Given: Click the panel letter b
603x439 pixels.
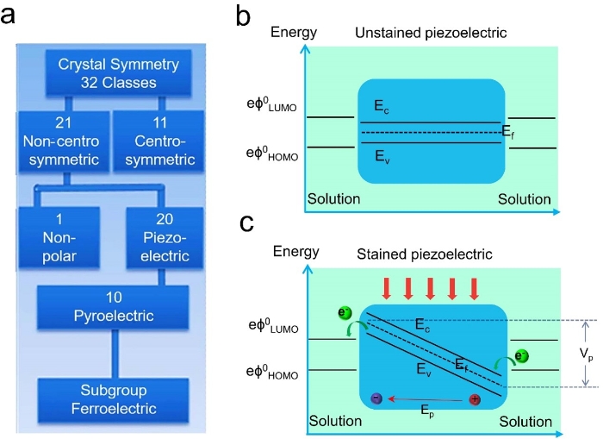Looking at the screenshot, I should (244, 16).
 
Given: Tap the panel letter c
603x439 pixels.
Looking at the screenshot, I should (246, 224).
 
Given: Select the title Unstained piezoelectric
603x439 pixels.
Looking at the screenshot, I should (430, 33).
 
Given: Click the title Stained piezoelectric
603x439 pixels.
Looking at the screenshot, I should (423, 254).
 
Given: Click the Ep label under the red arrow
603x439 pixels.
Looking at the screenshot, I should (426, 412).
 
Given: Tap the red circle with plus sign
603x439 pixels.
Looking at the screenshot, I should (474, 398).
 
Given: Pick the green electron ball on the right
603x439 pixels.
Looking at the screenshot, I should (523, 356).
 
